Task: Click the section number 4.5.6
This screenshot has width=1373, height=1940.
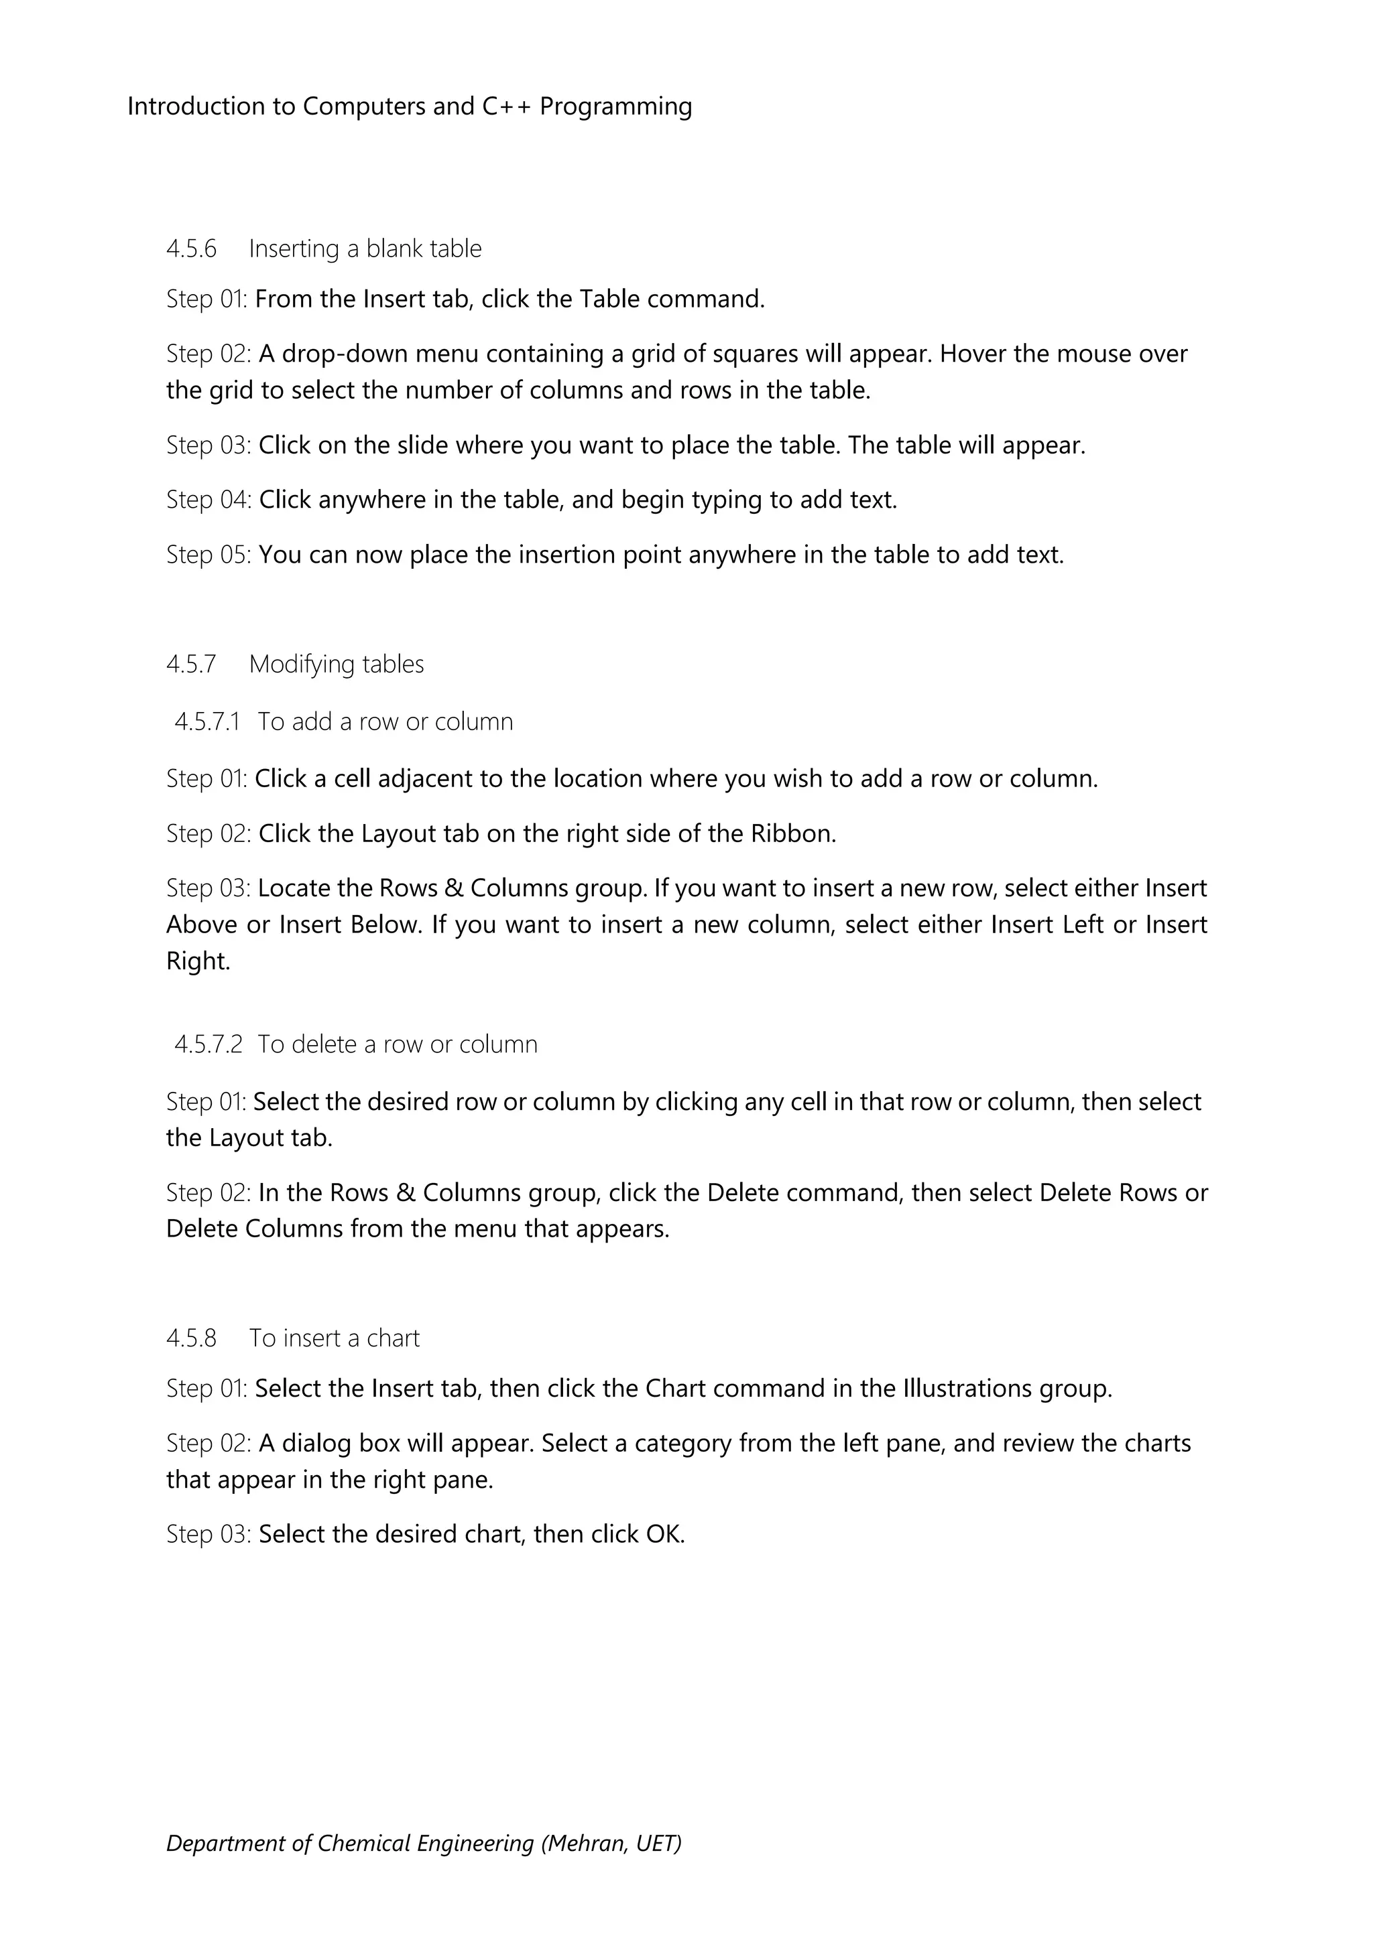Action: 191,249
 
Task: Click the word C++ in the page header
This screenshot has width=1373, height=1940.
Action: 506,107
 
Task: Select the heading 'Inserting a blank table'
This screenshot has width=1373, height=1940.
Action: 365,249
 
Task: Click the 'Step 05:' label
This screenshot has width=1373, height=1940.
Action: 208,555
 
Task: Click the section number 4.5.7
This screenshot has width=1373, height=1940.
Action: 191,665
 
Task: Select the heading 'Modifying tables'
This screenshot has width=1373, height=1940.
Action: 337,665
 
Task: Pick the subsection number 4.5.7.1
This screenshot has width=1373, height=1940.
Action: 207,721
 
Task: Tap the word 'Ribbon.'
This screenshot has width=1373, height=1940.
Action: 794,834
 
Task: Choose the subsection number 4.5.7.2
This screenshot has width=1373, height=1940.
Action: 208,1045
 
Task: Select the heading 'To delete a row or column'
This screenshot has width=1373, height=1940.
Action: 398,1045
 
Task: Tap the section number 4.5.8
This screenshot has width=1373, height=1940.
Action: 191,1338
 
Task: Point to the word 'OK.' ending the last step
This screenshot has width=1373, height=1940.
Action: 665,1535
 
